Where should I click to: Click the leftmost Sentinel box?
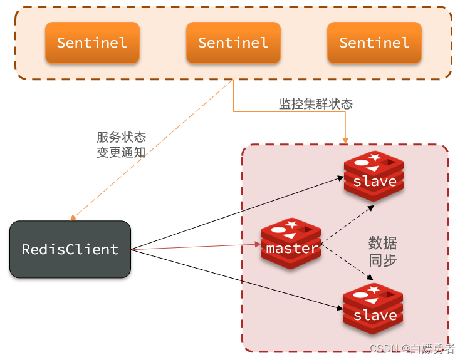click(92, 43)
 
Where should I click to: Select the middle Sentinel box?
click(233, 43)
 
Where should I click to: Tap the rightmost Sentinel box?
click(374, 43)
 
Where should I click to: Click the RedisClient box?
click(70, 249)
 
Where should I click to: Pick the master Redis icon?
click(291, 244)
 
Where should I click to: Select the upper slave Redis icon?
click(374, 176)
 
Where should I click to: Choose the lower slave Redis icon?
click(373, 310)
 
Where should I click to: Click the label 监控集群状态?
click(316, 104)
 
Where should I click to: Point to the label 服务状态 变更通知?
click(121, 144)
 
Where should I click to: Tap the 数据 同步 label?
click(382, 251)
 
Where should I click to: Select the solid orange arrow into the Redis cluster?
click(288, 112)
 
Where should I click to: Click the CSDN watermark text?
click(412, 349)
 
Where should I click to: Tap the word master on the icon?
click(291, 249)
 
